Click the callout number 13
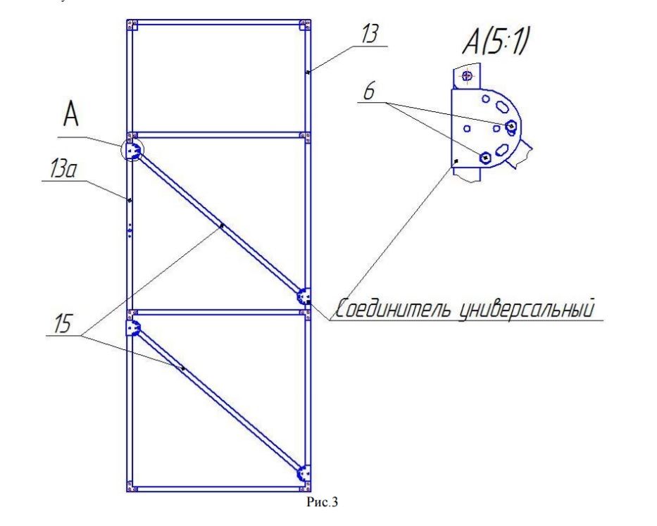pos(370,34)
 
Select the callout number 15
pos(63,324)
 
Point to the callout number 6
pos(369,92)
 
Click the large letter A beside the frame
pos(71,115)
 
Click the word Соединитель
pos(393,309)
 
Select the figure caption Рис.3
pos(322,501)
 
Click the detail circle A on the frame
pos(132,149)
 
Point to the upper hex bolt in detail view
pos(511,125)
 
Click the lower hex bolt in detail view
pos(485,158)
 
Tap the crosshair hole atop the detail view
pos(467,76)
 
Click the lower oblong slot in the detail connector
pos(501,149)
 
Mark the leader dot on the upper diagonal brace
pos(222,226)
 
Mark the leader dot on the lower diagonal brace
pos(182,368)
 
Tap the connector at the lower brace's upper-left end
pos(133,327)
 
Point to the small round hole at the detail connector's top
pos(486,99)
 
